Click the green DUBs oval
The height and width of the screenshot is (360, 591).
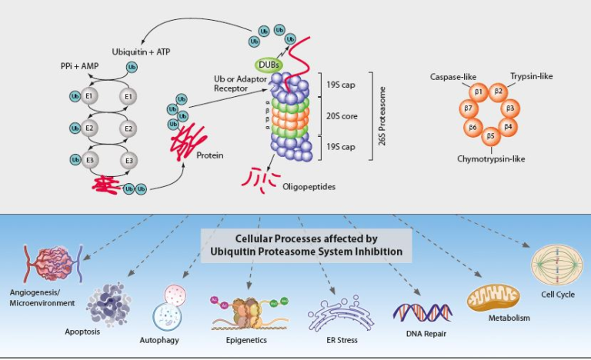[265, 65]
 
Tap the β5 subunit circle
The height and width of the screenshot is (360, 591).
[490, 136]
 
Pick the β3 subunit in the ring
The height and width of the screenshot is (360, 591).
[509, 107]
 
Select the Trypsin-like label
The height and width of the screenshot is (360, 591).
[531, 76]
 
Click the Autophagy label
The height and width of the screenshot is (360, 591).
[159, 338]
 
